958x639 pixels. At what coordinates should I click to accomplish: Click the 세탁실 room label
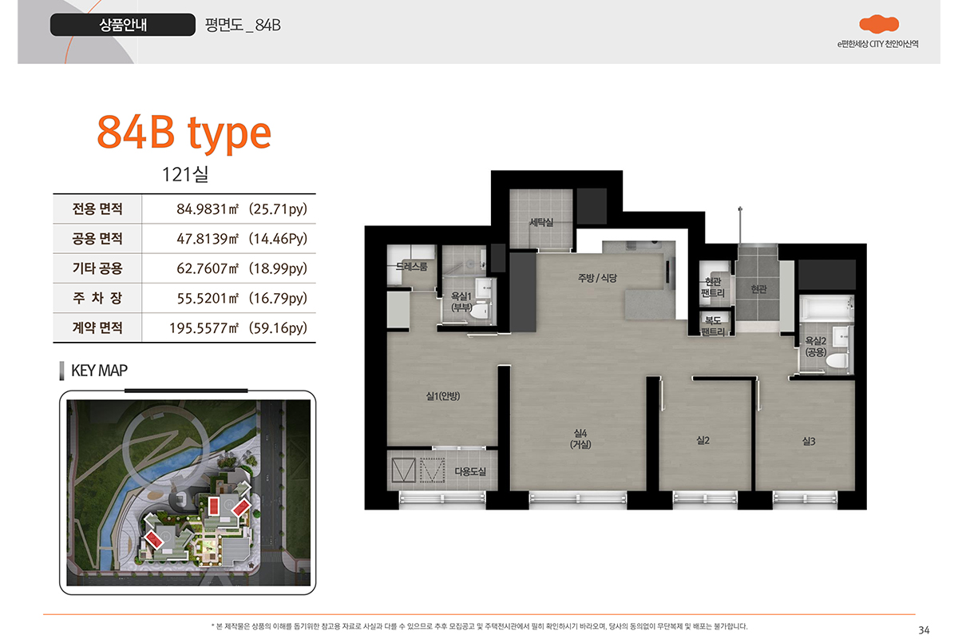pos(541,222)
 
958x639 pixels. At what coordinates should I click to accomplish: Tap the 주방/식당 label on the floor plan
pos(597,278)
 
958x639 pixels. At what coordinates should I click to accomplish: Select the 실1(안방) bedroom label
pos(442,396)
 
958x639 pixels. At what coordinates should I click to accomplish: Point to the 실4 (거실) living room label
pos(580,439)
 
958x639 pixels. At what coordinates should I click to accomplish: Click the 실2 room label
pos(703,440)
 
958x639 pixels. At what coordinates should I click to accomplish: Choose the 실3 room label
pos(809,441)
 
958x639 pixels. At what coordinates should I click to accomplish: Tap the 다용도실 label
pos(470,471)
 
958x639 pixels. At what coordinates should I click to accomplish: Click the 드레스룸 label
pos(411,266)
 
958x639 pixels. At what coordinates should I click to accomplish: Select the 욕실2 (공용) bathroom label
pos(816,347)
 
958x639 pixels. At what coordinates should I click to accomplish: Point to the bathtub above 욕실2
pos(826,308)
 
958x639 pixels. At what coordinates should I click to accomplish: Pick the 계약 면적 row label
pos(97,327)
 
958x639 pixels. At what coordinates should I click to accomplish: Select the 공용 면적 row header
pos(97,238)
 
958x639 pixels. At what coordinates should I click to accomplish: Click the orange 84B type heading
pos(184,133)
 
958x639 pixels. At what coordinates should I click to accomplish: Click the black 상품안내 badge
pos(123,25)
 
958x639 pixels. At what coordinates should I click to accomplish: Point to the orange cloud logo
pos(879,24)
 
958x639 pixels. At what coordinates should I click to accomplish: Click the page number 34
pos(924,630)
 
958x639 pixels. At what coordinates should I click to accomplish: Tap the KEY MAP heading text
pos(99,371)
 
